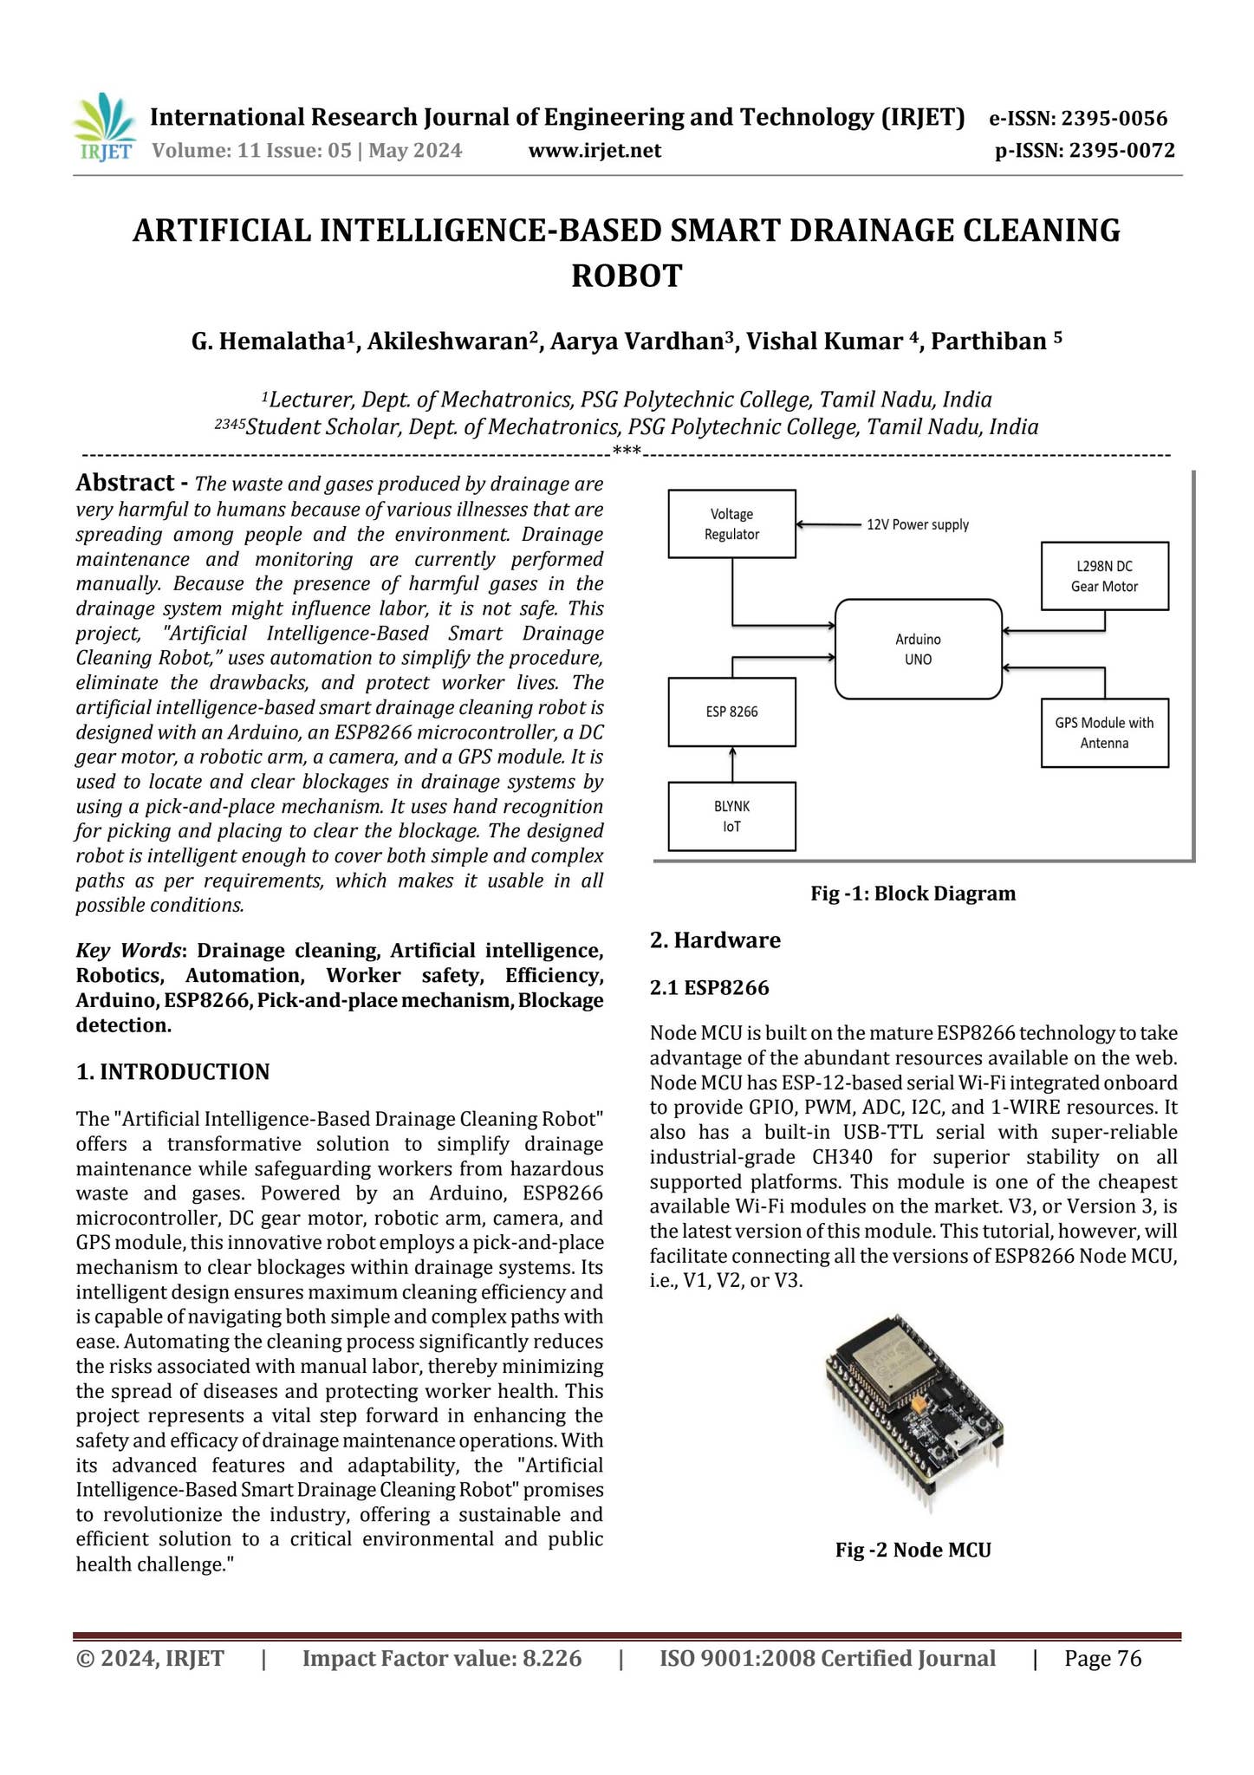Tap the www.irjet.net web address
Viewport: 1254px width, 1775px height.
(594, 151)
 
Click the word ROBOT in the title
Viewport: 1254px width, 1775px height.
(627, 276)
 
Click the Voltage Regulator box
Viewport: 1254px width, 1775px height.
(731, 524)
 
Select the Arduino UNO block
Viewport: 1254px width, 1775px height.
(918, 648)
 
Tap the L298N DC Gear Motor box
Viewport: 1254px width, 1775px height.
(1104, 576)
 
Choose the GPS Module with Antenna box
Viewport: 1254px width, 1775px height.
(1104, 732)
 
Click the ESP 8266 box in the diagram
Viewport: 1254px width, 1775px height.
(731, 712)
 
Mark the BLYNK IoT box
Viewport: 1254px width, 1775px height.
(731, 816)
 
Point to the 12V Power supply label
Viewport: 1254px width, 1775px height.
(918, 524)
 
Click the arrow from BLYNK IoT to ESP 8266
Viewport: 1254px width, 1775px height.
(732, 764)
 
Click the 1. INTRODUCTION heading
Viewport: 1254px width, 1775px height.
(173, 1072)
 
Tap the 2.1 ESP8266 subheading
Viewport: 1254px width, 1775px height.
(709, 987)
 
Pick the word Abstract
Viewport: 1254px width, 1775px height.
(126, 483)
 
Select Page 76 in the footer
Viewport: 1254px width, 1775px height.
(1102, 1659)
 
